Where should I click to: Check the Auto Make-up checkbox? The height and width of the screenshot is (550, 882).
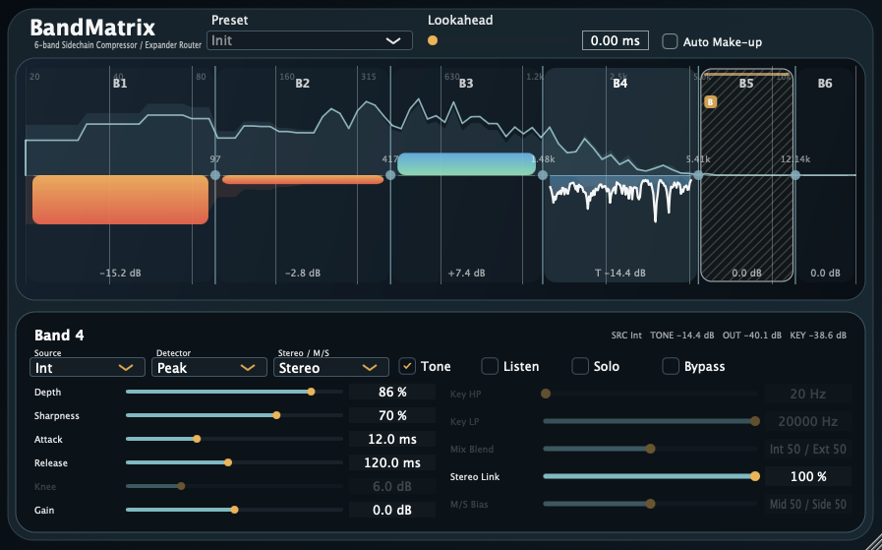pyautogui.click(x=670, y=41)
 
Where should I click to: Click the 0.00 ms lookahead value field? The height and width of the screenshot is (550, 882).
pyautogui.click(x=616, y=40)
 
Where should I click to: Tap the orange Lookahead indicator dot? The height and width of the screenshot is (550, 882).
pyautogui.click(x=433, y=40)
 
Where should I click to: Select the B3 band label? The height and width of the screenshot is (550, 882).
pyautogui.click(x=466, y=84)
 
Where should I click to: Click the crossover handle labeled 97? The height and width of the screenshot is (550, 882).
pyautogui.click(x=215, y=175)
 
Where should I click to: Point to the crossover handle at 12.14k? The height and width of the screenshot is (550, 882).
pyautogui.click(x=795, y=175)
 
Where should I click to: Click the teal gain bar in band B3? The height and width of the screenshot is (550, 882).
pyautogui.click(x=466, y=164)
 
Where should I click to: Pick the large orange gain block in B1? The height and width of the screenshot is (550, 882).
pyautogui.click(x=120, y=200)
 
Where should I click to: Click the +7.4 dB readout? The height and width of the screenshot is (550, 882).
pyautogui.click(x=466, y=274)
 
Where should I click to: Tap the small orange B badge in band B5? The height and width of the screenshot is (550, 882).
pyautogui.click(x=710, y=101)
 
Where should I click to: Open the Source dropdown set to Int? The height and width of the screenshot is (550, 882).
pyautogui.click(x=88, y=367)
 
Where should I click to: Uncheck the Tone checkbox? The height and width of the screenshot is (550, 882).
pyautogui.click(x=407, y=367)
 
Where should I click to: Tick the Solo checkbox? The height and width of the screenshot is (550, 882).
pyautogui.click(x=580, y=367)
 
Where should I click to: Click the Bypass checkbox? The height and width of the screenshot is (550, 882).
pyautogui.click(x=670, y=367)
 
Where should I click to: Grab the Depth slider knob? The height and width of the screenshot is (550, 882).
pyautogui.click(x=312, y=392)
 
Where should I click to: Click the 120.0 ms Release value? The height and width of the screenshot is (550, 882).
pyautogui.click(x=392, y=462)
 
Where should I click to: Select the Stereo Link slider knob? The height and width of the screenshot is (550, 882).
pyautogui.click(x=755, y=476)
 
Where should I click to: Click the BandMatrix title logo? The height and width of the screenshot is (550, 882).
pyautogui.click(x=92, y=28)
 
